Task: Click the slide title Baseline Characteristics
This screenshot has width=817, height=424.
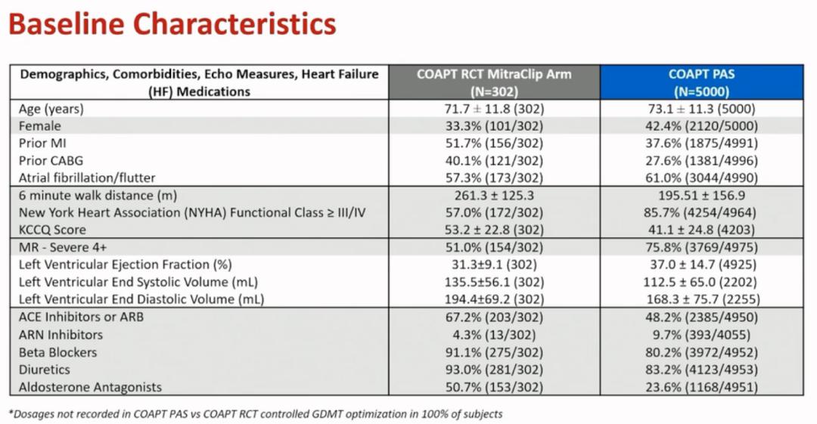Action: point(172,24)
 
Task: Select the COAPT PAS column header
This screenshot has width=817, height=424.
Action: point(701,82)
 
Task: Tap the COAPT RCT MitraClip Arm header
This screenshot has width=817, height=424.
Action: point(494,82)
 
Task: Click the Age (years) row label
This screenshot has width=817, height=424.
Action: point(51,109)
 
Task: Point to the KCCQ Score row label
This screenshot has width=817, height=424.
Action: point(52,230)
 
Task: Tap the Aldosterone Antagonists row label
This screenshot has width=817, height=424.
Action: point(90,387)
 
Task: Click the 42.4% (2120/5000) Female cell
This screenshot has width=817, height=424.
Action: point(701,126)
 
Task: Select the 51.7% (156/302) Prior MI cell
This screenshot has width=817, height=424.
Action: point(494,144)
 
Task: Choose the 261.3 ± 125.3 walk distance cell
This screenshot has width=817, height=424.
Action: point(494,195)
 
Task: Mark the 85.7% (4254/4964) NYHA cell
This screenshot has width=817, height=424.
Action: point(701,212)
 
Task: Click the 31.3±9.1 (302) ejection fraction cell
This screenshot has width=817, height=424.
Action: point(494,265)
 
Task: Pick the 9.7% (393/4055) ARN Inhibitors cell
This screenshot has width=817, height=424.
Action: point(701,335)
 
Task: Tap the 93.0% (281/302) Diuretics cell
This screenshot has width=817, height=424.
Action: point(494,370)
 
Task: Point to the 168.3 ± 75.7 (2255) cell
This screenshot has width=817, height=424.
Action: point(701,299)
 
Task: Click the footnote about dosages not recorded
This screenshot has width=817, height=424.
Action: point(256,414)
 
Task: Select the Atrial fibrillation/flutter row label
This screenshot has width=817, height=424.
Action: point(87,178)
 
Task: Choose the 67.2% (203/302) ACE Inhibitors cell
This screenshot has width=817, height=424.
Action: point(494,317)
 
